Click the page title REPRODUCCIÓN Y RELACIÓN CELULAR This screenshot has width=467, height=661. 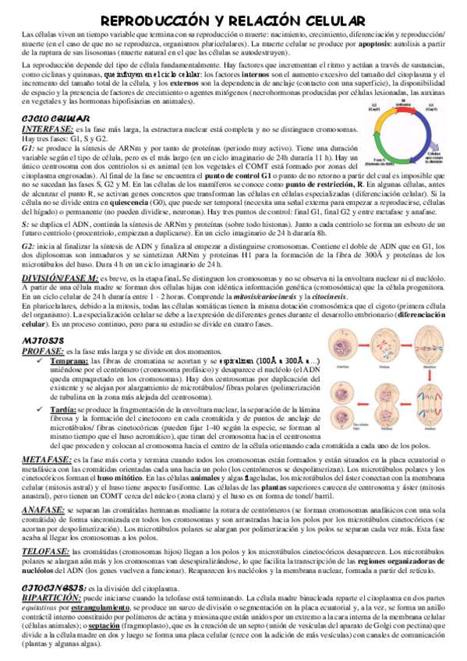(233, 19)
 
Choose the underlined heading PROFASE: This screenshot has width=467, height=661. (43, 353)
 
